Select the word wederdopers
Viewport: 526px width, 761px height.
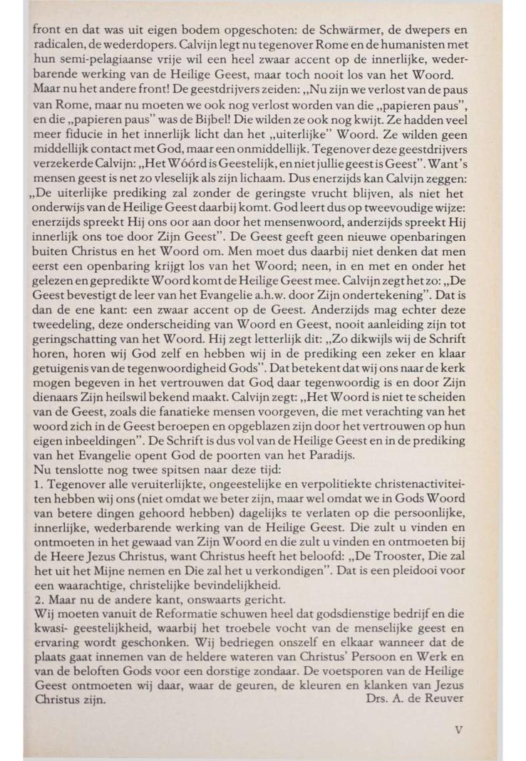[139, 46]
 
